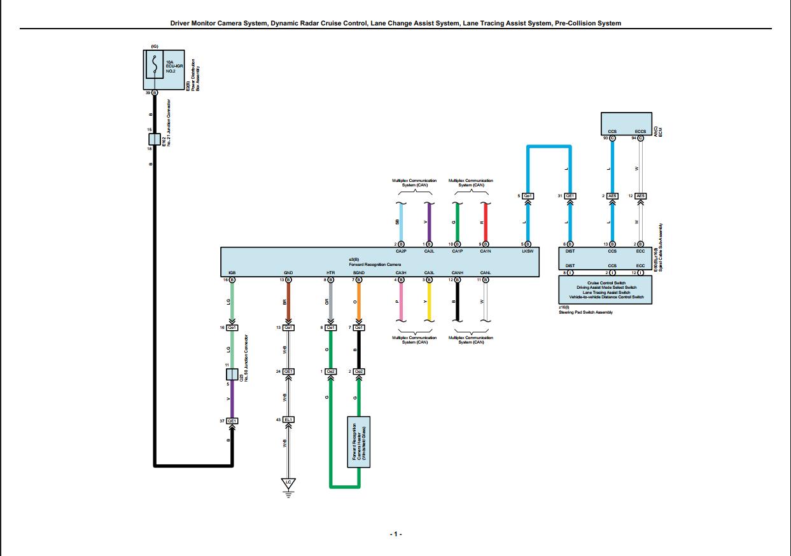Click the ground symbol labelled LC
click(288, 483)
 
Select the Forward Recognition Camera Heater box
click(358, 442)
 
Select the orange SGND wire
click(359, 302)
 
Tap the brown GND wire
click(288, 302)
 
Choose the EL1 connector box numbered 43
click(288, 420)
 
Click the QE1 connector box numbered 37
click(232, 420)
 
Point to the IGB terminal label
click(232, 272)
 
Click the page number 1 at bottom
click(395, 534)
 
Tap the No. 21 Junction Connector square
click(154, 139)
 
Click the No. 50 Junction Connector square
click(232, 374)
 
